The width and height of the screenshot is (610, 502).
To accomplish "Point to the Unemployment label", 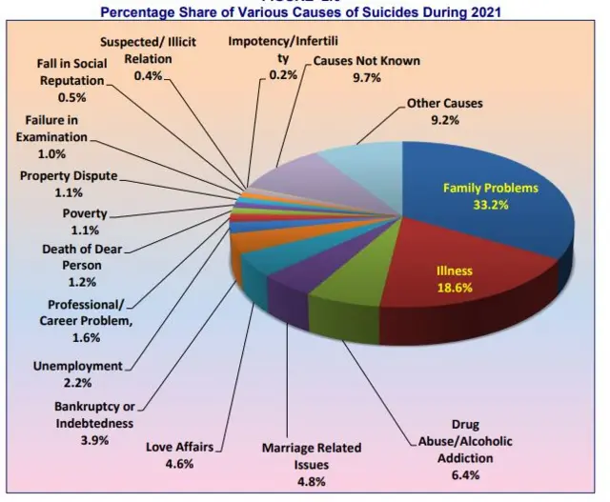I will click(78, 366).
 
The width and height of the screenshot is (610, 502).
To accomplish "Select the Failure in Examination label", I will click(57, 137).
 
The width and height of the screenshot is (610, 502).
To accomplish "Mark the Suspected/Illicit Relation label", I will click(148, 50).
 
